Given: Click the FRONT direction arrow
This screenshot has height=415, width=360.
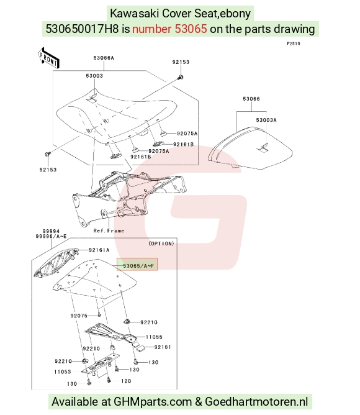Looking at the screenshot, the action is pos(48,58).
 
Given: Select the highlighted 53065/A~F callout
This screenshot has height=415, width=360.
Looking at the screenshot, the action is pos(137,265).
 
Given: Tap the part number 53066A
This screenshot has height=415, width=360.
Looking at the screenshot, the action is pos(104,58).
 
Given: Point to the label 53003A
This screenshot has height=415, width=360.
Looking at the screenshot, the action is pos(266,120).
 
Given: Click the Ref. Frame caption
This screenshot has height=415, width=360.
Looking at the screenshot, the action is pos(109,230).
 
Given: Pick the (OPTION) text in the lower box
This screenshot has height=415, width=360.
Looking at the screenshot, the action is pos(161,244).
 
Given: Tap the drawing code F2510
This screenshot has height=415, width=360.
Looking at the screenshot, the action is pos(294,43).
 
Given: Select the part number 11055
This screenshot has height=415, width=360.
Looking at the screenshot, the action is pos(154,337).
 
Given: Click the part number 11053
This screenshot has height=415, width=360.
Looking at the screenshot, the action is pos(63,372).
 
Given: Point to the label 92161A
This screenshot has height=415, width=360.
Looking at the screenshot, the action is pos(99,250).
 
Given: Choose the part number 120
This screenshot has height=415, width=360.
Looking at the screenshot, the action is pos(126,381).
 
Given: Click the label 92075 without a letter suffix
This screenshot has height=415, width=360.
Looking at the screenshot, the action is pos(79,316).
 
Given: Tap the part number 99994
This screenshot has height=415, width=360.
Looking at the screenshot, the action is pos(51,231).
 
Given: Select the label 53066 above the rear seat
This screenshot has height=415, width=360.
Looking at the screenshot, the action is pos(251,99).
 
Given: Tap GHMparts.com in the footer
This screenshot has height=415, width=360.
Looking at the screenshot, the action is pos(153,402).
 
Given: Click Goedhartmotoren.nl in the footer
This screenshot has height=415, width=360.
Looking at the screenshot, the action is pos(256,402).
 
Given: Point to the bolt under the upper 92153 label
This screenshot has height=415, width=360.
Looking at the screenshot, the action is pos(181,77).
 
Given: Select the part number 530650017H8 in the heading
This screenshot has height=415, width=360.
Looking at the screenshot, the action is pos(83,29).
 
